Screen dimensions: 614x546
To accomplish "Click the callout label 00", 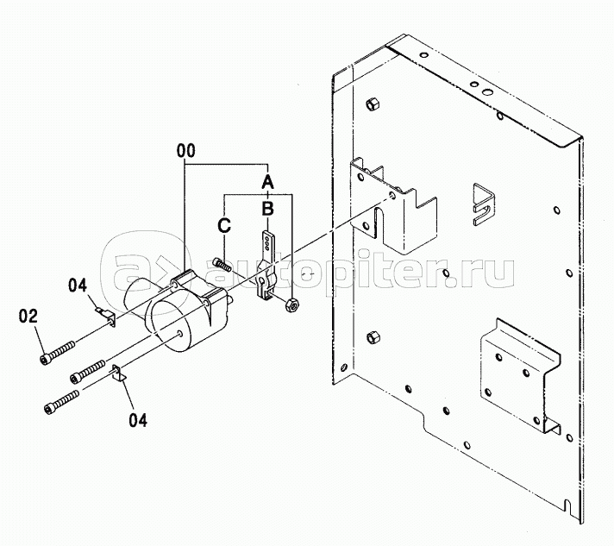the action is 185,151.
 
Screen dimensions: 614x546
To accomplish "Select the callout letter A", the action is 267,182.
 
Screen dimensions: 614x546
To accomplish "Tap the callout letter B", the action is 267,209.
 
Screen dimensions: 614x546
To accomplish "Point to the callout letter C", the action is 224,226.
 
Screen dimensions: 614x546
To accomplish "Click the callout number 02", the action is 28,317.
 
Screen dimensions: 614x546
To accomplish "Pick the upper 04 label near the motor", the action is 78,286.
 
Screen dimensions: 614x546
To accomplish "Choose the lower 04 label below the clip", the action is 138,420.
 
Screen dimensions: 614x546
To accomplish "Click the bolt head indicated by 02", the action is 45,359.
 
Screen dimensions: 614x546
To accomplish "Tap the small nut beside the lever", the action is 291,304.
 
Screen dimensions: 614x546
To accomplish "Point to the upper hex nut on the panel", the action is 372,104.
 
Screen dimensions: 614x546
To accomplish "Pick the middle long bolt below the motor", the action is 88,372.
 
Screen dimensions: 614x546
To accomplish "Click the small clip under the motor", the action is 119,373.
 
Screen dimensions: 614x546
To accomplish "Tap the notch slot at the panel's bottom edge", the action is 567,505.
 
